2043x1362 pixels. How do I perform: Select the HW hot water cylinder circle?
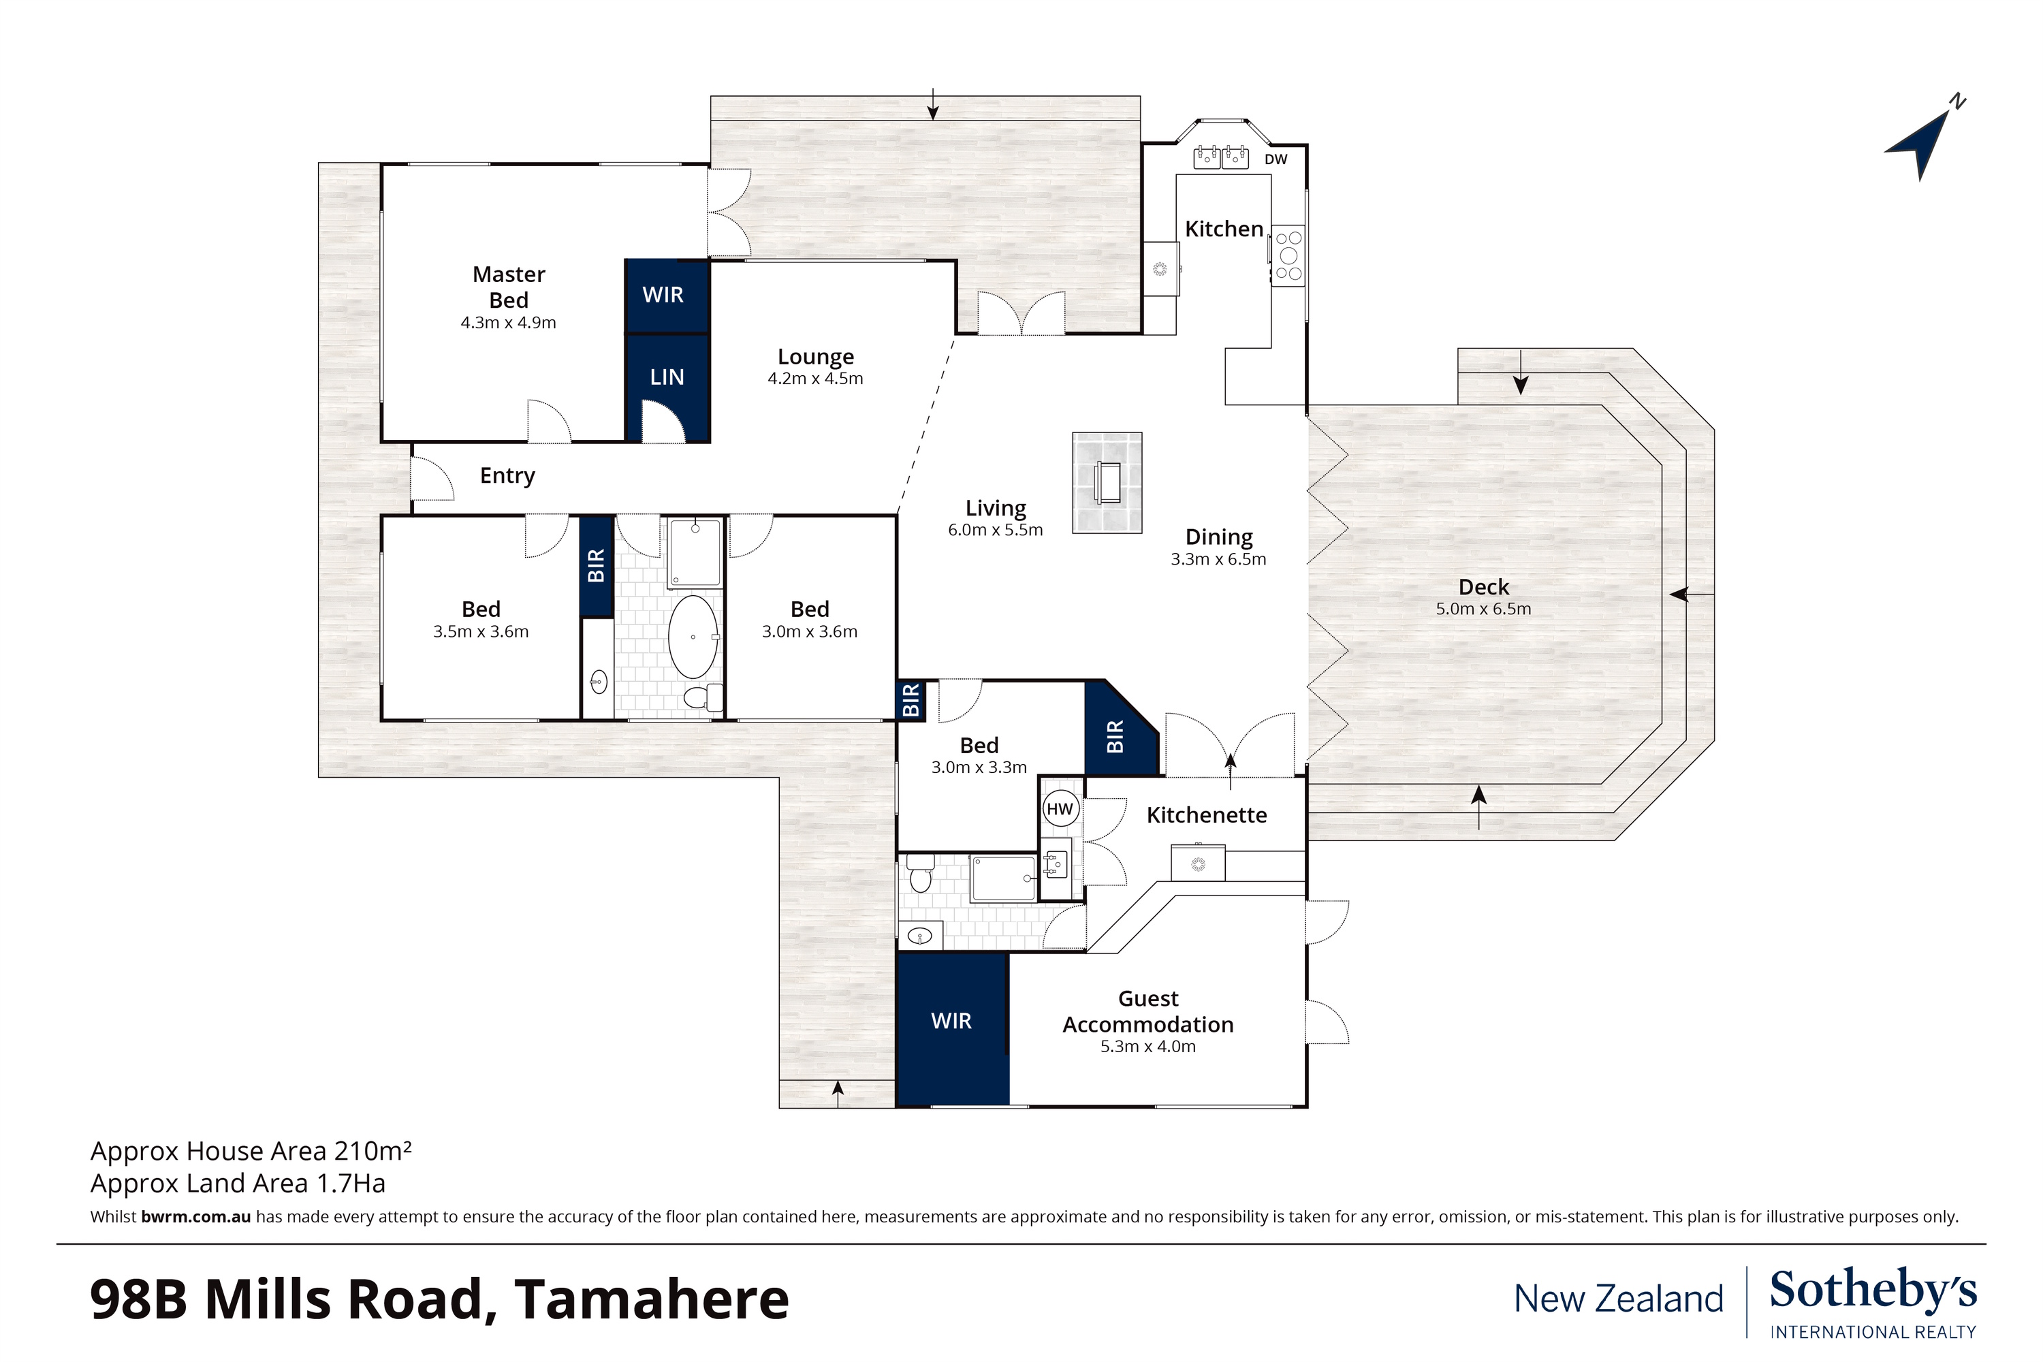(x=1060, y=810)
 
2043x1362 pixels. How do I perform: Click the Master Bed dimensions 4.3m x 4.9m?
(x=508, y=323)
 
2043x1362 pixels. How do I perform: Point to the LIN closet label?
(x=667, y=377)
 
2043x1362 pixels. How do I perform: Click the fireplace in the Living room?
(x=1107, y=482)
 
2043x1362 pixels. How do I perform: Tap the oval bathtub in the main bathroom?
(x=693, y=637)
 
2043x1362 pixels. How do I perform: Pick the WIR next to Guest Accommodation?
(x=951, y=1021)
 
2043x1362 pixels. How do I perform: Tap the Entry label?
(x=507, y=476)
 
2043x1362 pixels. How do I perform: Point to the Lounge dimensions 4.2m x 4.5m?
(x=814, y=379)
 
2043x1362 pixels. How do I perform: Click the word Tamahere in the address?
(x=652, y=1299)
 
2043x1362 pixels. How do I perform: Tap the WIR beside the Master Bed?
(x=663, y=294)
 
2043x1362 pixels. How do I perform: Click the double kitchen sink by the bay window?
(x=1220, y=158)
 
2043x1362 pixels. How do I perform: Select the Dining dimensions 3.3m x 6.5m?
(x=1218, y=559)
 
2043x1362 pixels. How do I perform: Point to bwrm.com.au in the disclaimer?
(x=195, y=1217)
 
